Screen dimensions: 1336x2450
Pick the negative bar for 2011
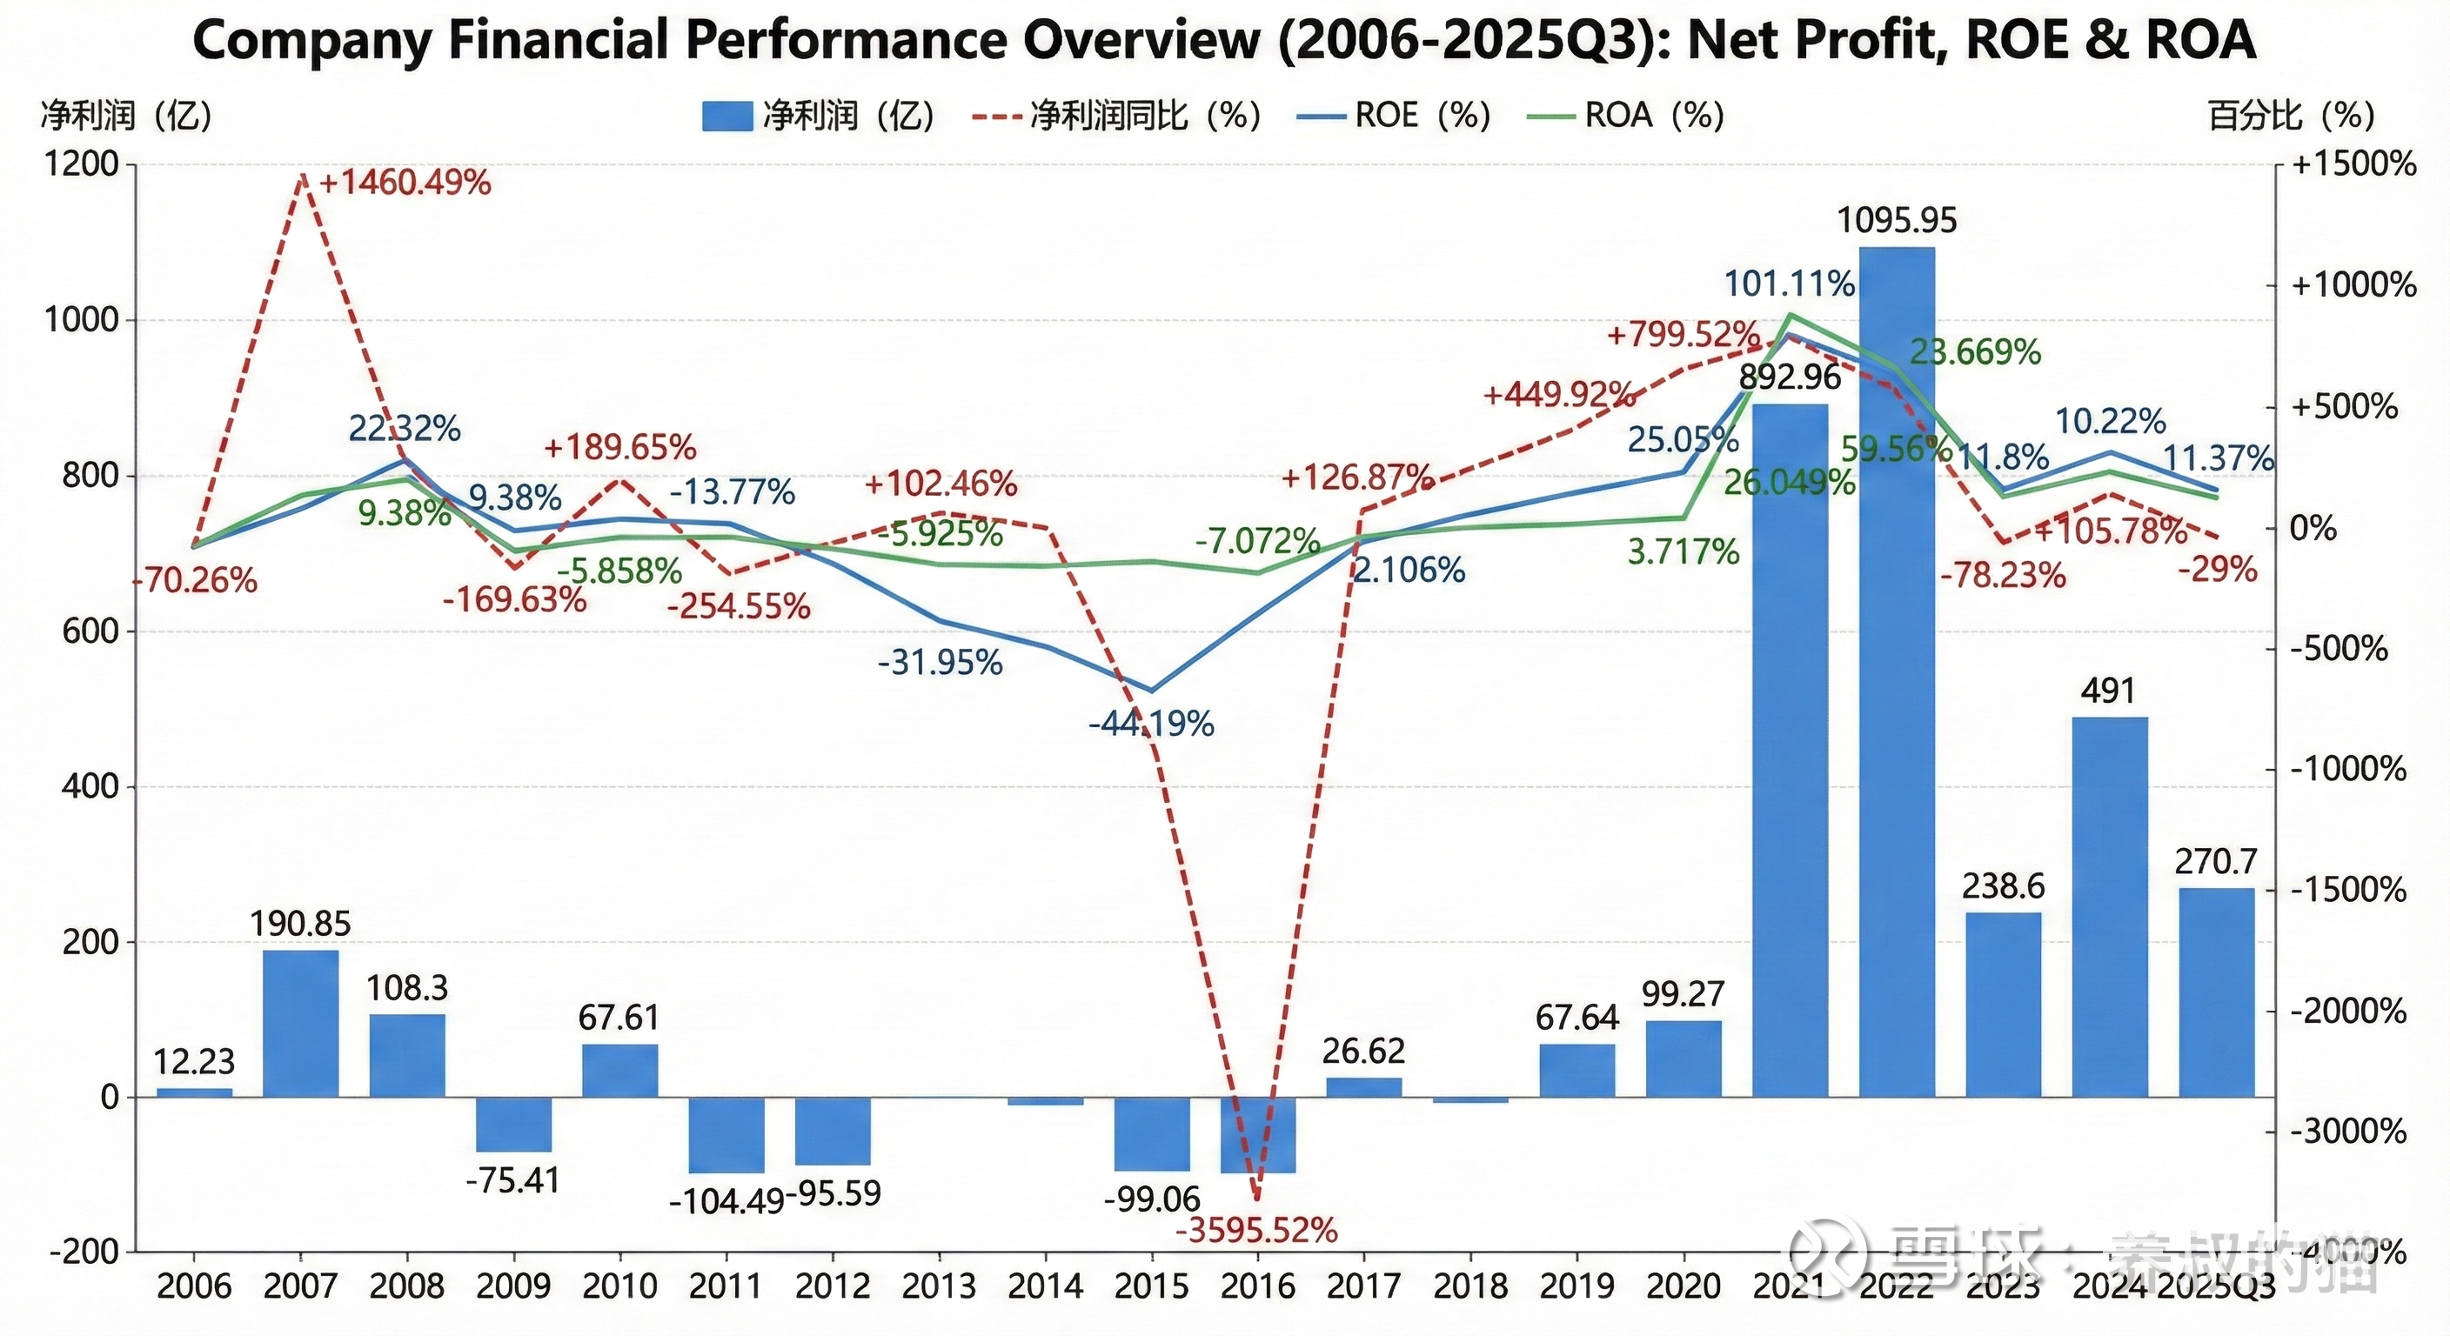click(x=726, y=1134)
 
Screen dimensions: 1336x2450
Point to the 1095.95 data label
click(x=1897, y=221)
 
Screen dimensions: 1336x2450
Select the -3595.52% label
click(x=1256, y=1231)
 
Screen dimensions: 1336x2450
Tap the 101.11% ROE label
click(x=1790, y=284)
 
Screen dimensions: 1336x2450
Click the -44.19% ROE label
click(x=1151, y=724)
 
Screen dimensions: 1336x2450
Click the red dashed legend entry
click(x=1117, y=116)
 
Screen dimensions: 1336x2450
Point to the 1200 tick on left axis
click(x=82, y=164)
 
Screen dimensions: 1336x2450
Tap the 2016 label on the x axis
click(x=1257, y=1286)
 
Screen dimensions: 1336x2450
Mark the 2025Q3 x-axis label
click(x=2216, y=1286)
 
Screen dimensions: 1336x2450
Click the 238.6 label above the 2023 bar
click(x=2003, y=887)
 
